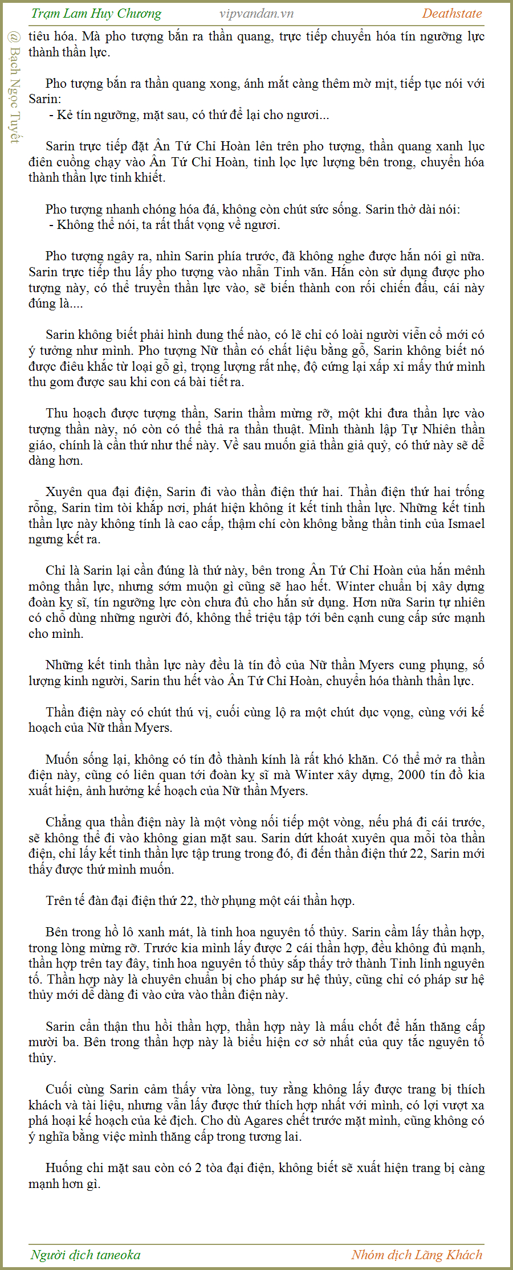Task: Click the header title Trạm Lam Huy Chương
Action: (x=96, y=14)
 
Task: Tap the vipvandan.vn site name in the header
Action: (x=256, y=14)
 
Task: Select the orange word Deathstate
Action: (x=452, y=14)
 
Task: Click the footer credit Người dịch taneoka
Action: (x=85, y=1255)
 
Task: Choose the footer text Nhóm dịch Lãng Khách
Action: (x=417, y=1255)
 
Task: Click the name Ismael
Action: (x=466, y=523)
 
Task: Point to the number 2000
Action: (x=412, y=775)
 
